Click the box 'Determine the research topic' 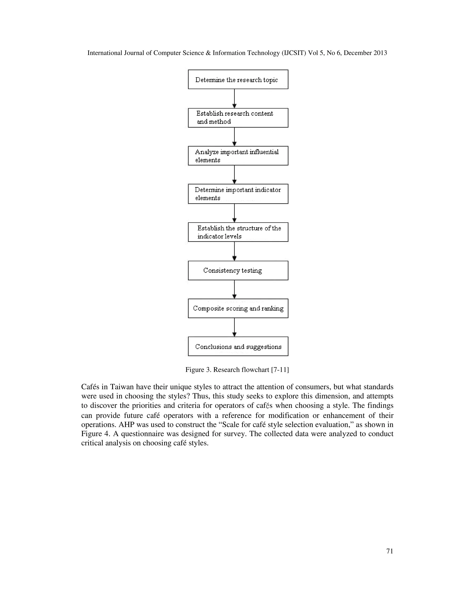point(238,79)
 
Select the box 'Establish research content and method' point(238,118)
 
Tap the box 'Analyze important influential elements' point(238,156)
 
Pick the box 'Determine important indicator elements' point(238,194)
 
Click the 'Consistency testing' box point(238,270)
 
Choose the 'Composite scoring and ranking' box point(238,308)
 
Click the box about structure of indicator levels point(238,232)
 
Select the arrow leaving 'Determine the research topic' point(235,98)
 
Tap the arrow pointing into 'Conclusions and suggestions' point(235,327)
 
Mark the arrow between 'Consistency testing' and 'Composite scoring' point(235,289)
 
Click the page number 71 point(389,551)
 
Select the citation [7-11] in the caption point(280,370)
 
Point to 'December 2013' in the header point(365,53)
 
